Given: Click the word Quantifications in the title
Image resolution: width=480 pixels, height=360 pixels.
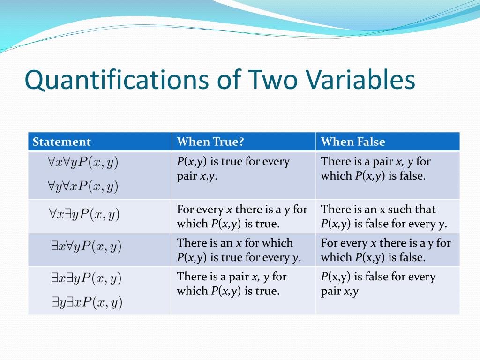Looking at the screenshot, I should click(x=116, y=80).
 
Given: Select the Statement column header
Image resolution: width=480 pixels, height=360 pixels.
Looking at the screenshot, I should click(x=61, y=142).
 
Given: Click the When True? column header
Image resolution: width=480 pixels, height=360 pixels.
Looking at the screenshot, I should click(x=210, y=142).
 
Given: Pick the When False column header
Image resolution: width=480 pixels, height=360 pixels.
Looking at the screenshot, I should click(x=353, y=142).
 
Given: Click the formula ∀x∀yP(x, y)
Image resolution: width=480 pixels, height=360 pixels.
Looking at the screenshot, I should click(x=82, y=162).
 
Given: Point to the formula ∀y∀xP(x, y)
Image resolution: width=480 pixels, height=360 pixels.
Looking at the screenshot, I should click(x=82, y=187).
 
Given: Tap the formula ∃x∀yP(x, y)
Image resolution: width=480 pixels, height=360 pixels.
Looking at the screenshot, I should click(x=86, y=247).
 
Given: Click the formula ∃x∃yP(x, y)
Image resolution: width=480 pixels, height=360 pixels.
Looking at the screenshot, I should click(x=86, y=278).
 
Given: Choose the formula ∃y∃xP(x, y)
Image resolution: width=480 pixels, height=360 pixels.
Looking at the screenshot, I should click(x=87, y=303).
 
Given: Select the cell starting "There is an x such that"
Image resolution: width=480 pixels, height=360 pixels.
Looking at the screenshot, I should click(x=384, y=217).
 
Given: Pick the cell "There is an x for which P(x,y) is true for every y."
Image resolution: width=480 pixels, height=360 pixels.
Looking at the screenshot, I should click(x=239, y=250).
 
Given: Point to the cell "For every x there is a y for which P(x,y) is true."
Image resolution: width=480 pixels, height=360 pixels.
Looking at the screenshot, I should click(x=242, y=217).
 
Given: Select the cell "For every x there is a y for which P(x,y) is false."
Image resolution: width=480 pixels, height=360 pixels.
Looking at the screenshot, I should click(x=385, y=250).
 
